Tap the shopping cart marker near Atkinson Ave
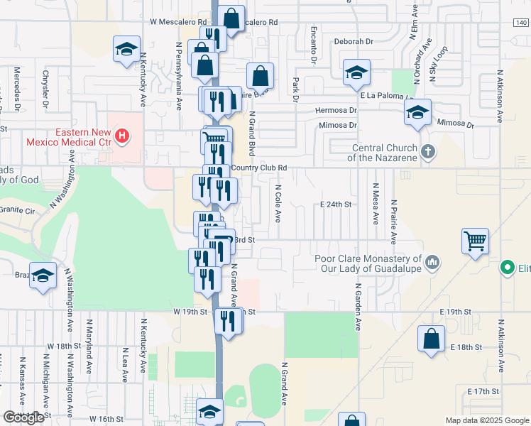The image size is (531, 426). point(474,240)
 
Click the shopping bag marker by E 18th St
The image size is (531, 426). point(431,339)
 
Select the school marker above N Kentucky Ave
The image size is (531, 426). point(126,49)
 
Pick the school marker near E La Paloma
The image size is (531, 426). point(356,72)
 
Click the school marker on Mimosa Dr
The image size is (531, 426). point(418,111)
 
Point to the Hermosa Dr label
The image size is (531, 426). point(336,111)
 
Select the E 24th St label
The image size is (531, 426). point(336,204)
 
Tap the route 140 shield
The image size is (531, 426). point(520,23)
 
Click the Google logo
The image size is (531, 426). point(23,417)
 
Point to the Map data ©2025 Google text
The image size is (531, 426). point(486,420)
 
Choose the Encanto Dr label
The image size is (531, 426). point(312,43)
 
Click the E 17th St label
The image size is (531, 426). point(484,391)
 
